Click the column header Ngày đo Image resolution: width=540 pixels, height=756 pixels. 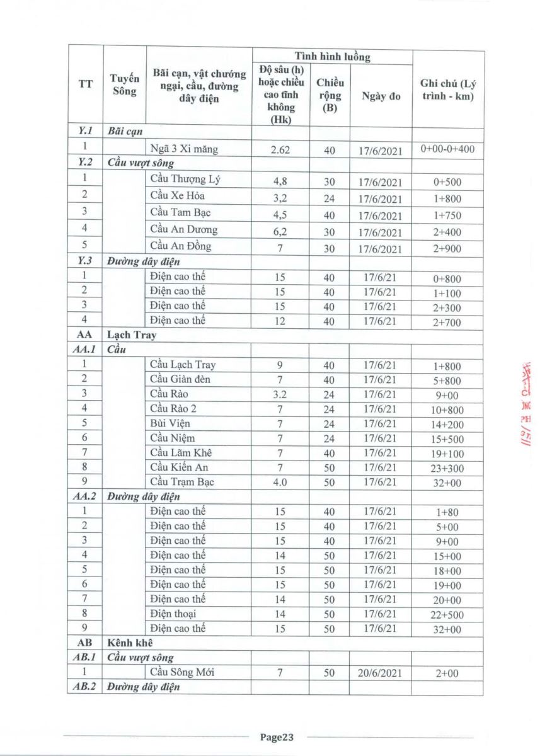[381, 96]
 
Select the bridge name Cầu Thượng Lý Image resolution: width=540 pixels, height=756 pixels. [185, 178]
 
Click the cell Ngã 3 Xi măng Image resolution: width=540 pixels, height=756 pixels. [187, 150]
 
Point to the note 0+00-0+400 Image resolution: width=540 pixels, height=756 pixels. [448, 149]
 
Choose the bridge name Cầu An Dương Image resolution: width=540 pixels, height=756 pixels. [184, 229]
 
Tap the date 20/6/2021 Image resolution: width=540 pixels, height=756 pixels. [381, 673]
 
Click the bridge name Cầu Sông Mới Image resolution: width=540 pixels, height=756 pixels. [183, 672]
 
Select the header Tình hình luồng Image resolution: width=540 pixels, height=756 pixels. [333, 57]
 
